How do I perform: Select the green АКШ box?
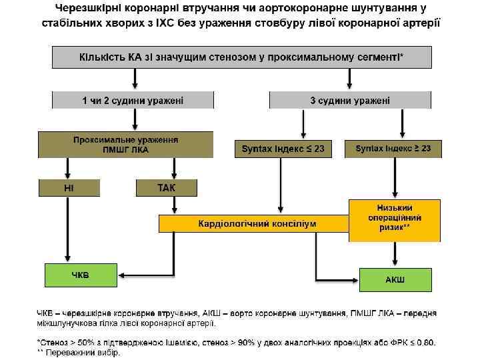coord(395,278)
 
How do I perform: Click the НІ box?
coord(69,188)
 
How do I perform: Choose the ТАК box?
coord(167,188)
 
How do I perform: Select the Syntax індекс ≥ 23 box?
coord(393,149)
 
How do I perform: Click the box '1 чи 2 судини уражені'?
coord(133,100)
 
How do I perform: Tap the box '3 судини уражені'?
coord(350,100)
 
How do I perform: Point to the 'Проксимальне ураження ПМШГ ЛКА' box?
coord(126,145)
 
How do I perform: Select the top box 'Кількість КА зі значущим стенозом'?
coord(241,57)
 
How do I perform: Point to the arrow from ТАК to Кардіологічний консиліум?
coord(167,205)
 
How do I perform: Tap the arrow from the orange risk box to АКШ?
coord(395,254)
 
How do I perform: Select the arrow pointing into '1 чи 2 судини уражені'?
coord(136,80)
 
